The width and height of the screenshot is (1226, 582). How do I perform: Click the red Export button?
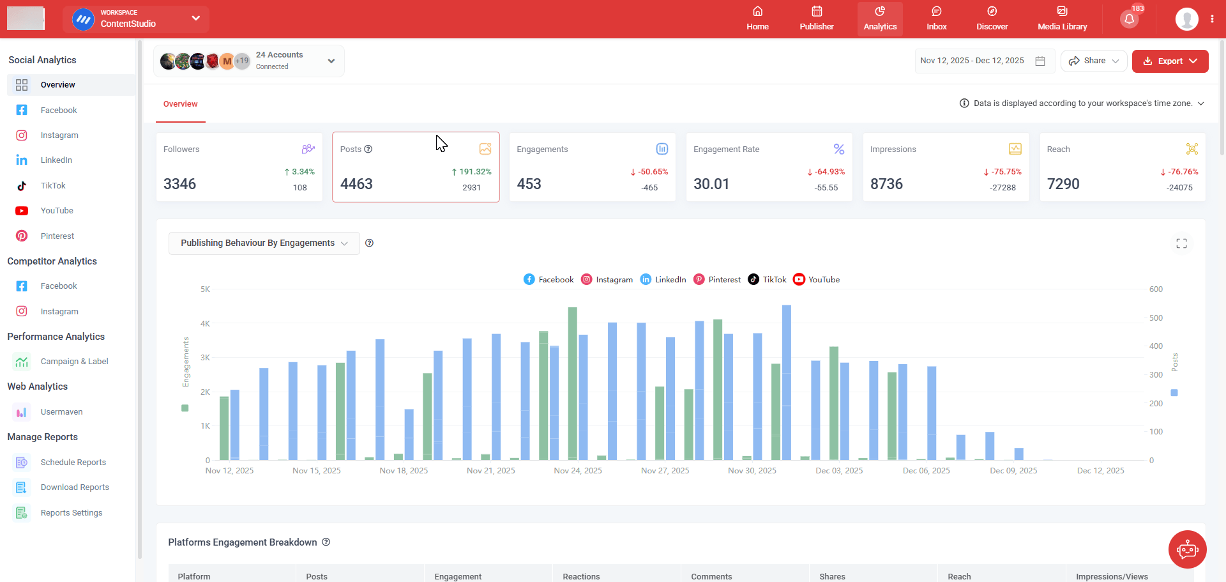tap(1169, 61)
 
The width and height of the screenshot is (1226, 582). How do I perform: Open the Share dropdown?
tap(1093, 61)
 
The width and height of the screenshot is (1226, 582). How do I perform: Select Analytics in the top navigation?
tap(879, 19)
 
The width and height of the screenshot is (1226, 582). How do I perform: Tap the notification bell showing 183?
tap(1129, 19)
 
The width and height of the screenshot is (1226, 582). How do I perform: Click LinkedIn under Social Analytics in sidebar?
tap(56, 160)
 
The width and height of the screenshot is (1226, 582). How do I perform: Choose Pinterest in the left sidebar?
tap(57, 236)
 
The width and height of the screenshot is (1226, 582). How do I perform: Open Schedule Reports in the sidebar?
tap(73, 463)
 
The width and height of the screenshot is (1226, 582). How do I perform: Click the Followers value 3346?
tap(180, 184)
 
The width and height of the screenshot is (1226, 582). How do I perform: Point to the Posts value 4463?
tap(356, 184)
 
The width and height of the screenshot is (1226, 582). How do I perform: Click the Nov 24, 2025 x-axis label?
tap(578, 471)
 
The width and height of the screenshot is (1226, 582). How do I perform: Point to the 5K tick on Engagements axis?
tap(205, 289)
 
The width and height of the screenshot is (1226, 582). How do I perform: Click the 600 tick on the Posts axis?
tap(1156, 289)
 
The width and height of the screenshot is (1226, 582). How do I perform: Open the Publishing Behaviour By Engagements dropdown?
tap(264, 243)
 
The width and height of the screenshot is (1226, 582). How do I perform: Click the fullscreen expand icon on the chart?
tap(1181, 243)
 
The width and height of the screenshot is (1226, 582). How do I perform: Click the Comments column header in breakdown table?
tap(711, 576)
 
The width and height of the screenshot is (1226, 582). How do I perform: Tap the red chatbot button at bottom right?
tap(1187, 549)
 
